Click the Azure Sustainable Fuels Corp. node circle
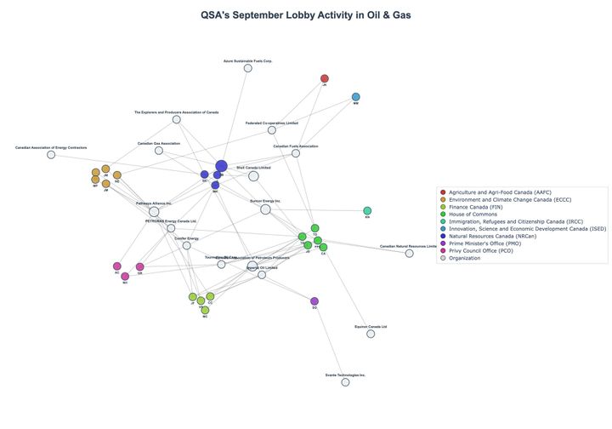(248, 68)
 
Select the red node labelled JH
(325, 78)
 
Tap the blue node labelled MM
(356, 97)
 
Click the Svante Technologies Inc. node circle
(345, 382)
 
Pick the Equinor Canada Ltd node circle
(371, 334)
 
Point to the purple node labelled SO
(314, 301)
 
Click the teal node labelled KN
(367, 211)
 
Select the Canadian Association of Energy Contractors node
(51, 155)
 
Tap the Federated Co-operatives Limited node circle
(272, 130)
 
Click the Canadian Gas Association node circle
(159, 151)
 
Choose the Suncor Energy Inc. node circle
(265, 209)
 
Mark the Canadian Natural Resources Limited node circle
(410, 253)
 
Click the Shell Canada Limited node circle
(253, 176)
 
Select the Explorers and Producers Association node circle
(177, 119)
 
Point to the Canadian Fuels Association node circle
(295, 153)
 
